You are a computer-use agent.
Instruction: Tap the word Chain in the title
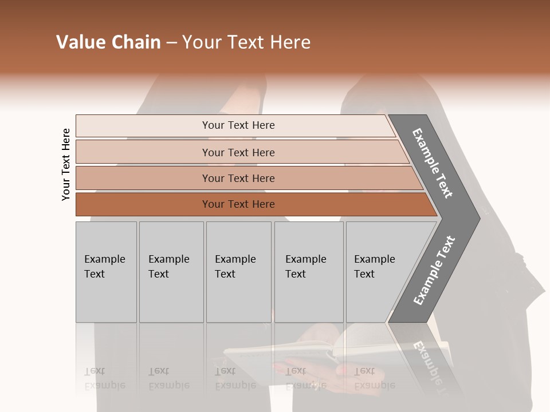[x=136, y=42]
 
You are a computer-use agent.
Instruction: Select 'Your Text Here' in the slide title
[x=246, y=42]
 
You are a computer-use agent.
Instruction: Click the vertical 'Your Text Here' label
[x=66, y=164]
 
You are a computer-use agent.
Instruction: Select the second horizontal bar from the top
[x=238, y=152]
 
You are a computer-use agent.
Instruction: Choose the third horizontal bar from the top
[x=238, y=178]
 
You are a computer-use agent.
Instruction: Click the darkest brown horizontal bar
[x=238, y=204]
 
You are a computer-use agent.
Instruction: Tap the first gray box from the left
[x=106, y=272]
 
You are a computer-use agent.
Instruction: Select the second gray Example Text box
[x=171, y=272]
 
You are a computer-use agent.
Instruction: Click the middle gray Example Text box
[x=238, y=272]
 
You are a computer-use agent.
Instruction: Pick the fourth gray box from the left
[x=308, y=272]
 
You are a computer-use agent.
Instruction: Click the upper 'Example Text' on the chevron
[x=433, y=163]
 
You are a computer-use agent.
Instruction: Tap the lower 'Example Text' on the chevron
[x=434, y=270]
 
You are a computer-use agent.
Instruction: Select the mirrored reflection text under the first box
[x=105, y=378]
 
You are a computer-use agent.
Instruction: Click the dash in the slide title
[x=171, y=43]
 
